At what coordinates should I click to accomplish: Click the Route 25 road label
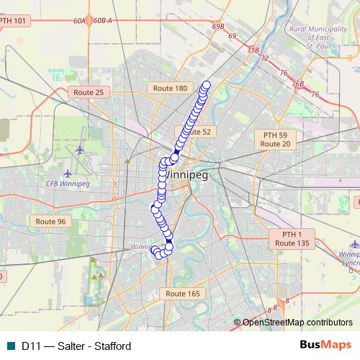pos(89,92)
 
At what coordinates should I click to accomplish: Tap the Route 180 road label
pos(171,88)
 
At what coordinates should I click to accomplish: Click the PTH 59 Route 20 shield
pos(275,140)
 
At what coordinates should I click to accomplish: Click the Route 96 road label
pos(51,222)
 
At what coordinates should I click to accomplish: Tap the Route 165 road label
pos(182,294)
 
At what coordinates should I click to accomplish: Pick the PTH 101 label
pos(12,21)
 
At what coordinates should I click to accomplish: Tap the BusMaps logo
pos(325,346)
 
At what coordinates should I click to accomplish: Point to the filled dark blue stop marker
pos(174,156)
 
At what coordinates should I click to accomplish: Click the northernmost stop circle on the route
pos(207,85)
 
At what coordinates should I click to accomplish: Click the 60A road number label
pos(78,21)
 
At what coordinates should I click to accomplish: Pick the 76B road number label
pos(298,84)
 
